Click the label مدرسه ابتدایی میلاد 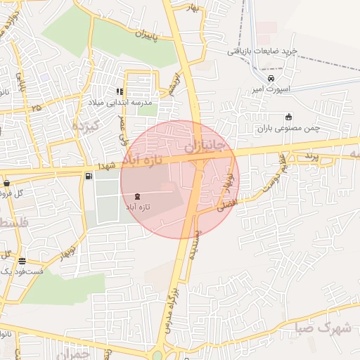123,103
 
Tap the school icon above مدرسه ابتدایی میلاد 120,91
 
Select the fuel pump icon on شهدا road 88,176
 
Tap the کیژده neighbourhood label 87,125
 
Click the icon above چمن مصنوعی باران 288,117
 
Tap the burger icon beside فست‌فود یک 22,260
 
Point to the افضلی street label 229,205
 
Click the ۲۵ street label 35,107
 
